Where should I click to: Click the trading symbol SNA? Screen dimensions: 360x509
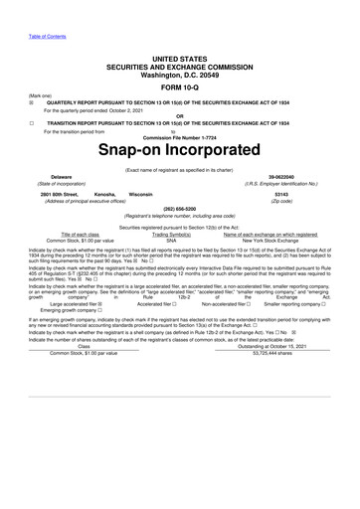(x=171, y=240)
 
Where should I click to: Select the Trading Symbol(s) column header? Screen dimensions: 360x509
(x=171, y=234)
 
